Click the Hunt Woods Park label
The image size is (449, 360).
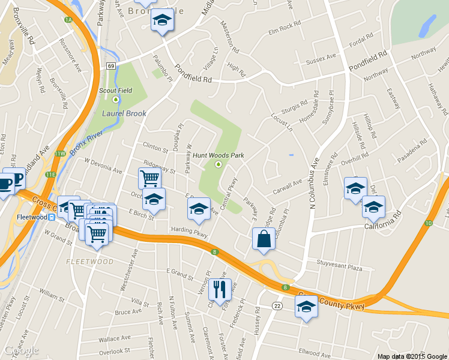[218, 155]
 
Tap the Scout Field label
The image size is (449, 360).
[115, 91]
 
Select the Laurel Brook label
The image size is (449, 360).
[124, 113]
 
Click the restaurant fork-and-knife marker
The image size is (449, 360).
[220, 290]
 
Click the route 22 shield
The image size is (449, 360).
[277, 306]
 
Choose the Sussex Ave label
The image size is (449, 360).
[321, 59]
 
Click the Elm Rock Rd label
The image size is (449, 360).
[284, 27]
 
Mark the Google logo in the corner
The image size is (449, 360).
[20, 350]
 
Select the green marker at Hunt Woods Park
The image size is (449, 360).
[218, 164]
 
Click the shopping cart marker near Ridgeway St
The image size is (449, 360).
[149, 178]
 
